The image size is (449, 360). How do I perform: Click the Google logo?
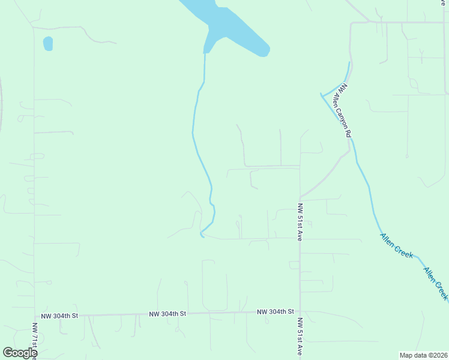[x=20, y=353]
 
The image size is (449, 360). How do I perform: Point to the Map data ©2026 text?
[x=423, y=355]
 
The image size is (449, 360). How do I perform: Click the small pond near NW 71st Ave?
[x=47, y=44]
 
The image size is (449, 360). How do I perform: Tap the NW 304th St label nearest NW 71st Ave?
[x=59, y=316]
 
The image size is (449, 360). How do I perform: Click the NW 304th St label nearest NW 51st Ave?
[x=276, y=312]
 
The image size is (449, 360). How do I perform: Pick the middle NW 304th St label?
[x=168, y=314]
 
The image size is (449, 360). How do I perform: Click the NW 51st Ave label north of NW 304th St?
[x=300, y=222]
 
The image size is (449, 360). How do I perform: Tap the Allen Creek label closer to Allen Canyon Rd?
[x=396, y=245]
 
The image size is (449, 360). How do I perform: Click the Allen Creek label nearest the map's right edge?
[x=436, y=284]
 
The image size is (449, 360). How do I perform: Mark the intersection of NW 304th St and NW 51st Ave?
[x=300, y=312]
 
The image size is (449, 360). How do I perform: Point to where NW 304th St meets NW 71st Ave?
[x=34, y=316]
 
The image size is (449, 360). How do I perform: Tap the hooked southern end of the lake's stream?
[x=202, y=235]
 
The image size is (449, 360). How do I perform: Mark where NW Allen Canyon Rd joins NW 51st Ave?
[x=300, y=197]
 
